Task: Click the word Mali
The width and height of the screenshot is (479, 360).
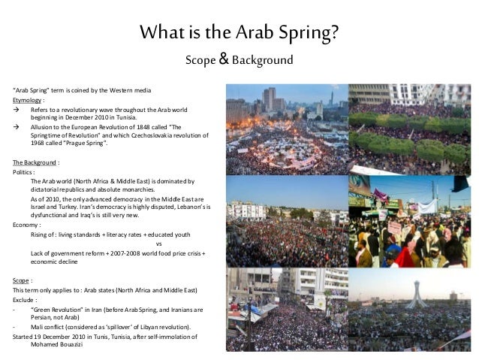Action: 38,327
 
